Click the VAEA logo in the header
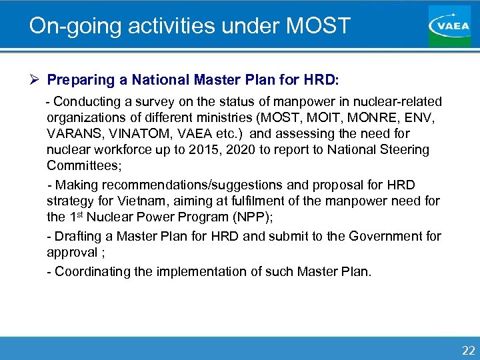(449, 25)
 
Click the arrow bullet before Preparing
(36, 80)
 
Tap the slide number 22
(469, 351)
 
